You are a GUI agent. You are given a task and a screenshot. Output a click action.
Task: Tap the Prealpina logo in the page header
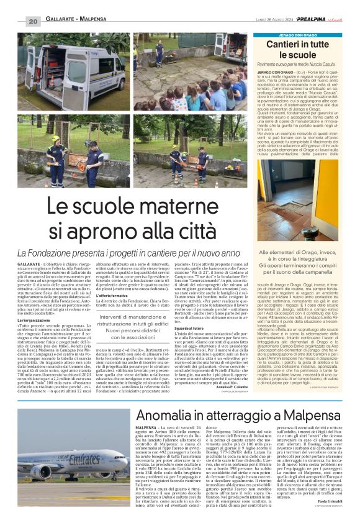click(310, 20)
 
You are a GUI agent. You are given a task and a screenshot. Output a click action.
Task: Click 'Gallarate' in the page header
click(59, 22)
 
